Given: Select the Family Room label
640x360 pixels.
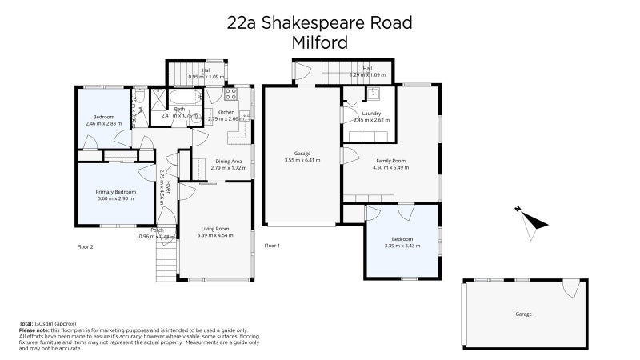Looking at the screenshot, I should point(391,162).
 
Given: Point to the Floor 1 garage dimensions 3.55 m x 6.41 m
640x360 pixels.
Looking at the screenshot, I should point(302,160).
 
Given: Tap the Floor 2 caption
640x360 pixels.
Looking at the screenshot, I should point(85,246).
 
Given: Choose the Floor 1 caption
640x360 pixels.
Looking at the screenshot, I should point(272,245).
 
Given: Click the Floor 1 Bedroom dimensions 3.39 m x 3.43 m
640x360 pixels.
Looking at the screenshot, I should point(402,245).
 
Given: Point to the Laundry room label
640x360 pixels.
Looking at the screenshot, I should point(370,114).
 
